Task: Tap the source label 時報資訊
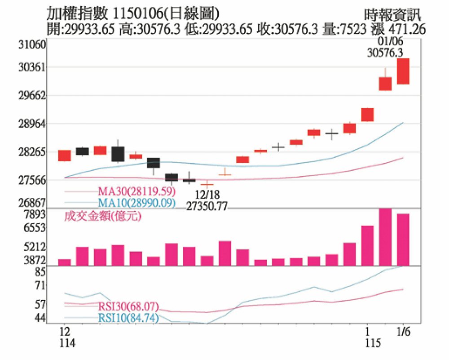click(x=393, y=14)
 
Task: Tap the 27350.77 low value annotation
click(x=207, y=207)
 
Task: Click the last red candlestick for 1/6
click(x=403, y=71)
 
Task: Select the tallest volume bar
click(x=385, y=237)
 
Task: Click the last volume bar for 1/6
click(x=403, y=239)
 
